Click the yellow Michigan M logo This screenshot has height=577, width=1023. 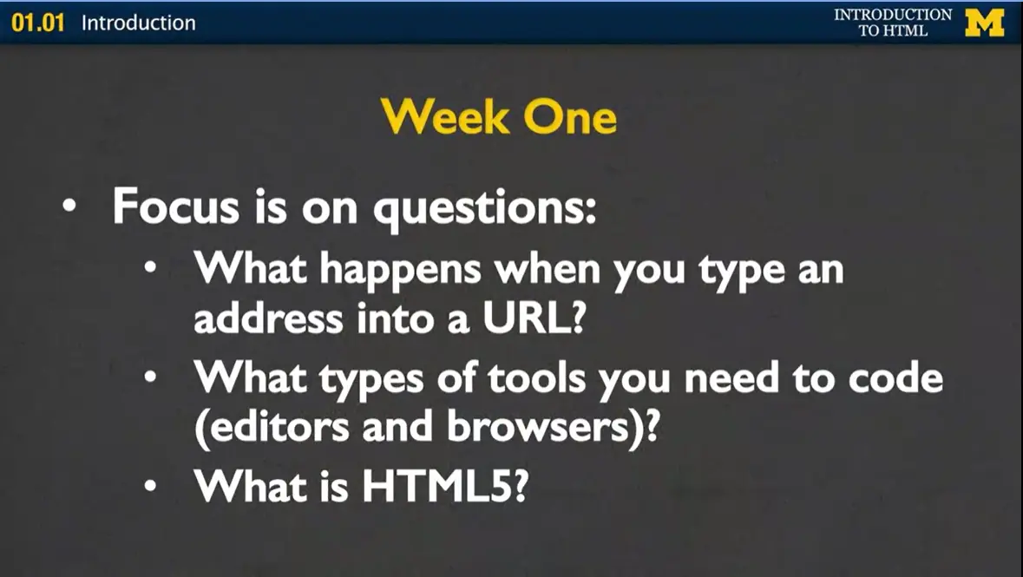tap(984, 22)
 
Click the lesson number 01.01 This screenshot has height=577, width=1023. tap(38, 23)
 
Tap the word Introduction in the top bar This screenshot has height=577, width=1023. tap(139, 23)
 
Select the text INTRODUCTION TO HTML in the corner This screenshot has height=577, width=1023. tap(893, 23)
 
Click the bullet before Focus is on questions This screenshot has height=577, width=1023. tap(69, 209)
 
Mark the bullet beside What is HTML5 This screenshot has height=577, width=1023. tap(151, 488)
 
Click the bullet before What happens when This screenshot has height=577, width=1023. tap(151, 272)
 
